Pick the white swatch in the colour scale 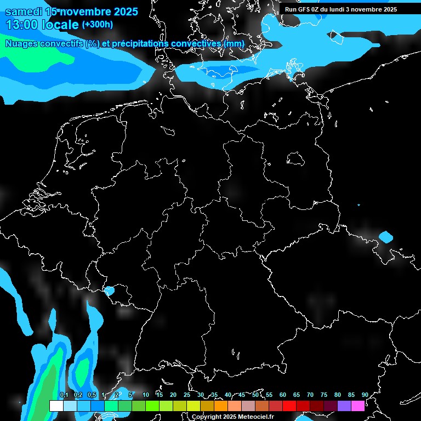point(56,406)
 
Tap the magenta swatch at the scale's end point(358,406)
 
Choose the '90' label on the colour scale point(365,395)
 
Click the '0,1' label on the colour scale point(64,395)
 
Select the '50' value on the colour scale point(255,395)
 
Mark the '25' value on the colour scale point(187,395)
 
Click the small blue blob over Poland point(386,237)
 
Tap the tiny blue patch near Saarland point(110,291)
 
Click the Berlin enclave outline point(296,159)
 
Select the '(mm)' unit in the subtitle point(234,43)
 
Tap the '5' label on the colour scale point(130,395)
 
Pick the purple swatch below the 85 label point(344,406)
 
